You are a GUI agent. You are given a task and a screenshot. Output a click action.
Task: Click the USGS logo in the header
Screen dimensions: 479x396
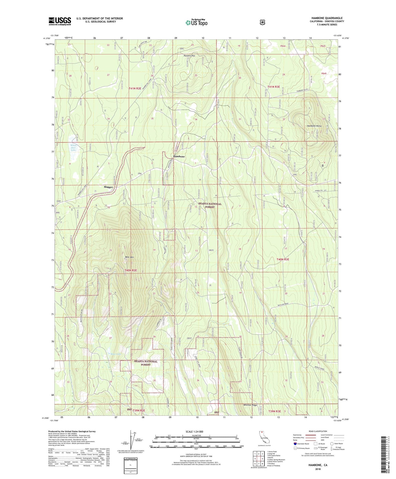pyautogui.click(x=60, y=21)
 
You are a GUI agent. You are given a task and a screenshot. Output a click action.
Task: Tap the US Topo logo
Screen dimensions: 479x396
pyautogui.click(x=196, y=22)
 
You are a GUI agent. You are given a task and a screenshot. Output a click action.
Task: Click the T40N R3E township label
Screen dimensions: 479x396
pyautogui.click(x=283, y=259)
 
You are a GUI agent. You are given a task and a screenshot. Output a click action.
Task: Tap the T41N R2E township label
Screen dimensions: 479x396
pyautogui.click(x=135, y=88)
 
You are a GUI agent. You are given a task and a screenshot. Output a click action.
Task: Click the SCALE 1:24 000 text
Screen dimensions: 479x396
pyautogui.click(x=194, y=432)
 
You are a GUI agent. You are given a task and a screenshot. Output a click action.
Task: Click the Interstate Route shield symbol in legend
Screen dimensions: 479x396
pyautogui.click(x=295, y=444)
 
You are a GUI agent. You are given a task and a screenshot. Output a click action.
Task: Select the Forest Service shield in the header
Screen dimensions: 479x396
pyautogui.click(x=263, y=22)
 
